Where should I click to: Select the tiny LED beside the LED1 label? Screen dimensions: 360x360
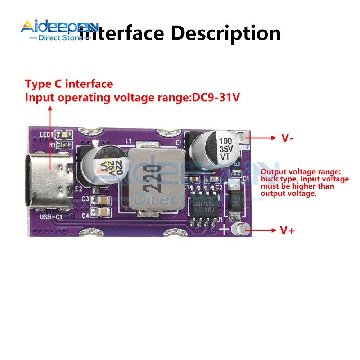(x=63, y=134)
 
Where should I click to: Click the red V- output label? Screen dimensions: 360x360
(x=287, y=138)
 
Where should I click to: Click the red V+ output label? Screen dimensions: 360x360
(x=287, y=230)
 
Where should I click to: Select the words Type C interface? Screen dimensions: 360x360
(x=69, y=84)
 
